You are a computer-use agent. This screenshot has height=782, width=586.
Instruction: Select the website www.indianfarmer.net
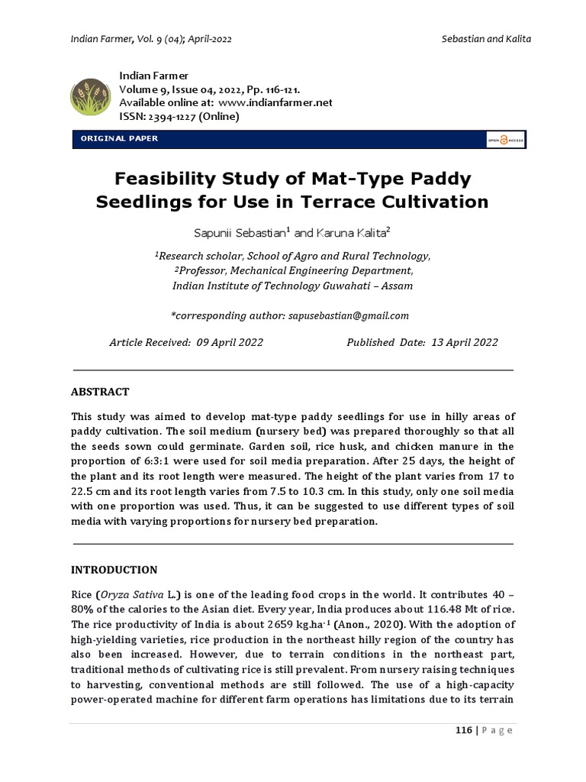click(x=275, y=102)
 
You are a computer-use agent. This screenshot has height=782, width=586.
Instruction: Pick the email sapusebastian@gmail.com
click(x=349, y=315)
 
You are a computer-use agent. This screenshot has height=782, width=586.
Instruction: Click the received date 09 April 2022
click(x=230, y=343)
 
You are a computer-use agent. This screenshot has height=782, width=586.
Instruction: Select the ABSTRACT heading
click(x=100, y=392)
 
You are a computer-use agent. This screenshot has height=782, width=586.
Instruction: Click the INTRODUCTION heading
click(x=114, y=570)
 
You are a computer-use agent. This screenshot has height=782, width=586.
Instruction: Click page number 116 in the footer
click(x=463, y=730)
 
